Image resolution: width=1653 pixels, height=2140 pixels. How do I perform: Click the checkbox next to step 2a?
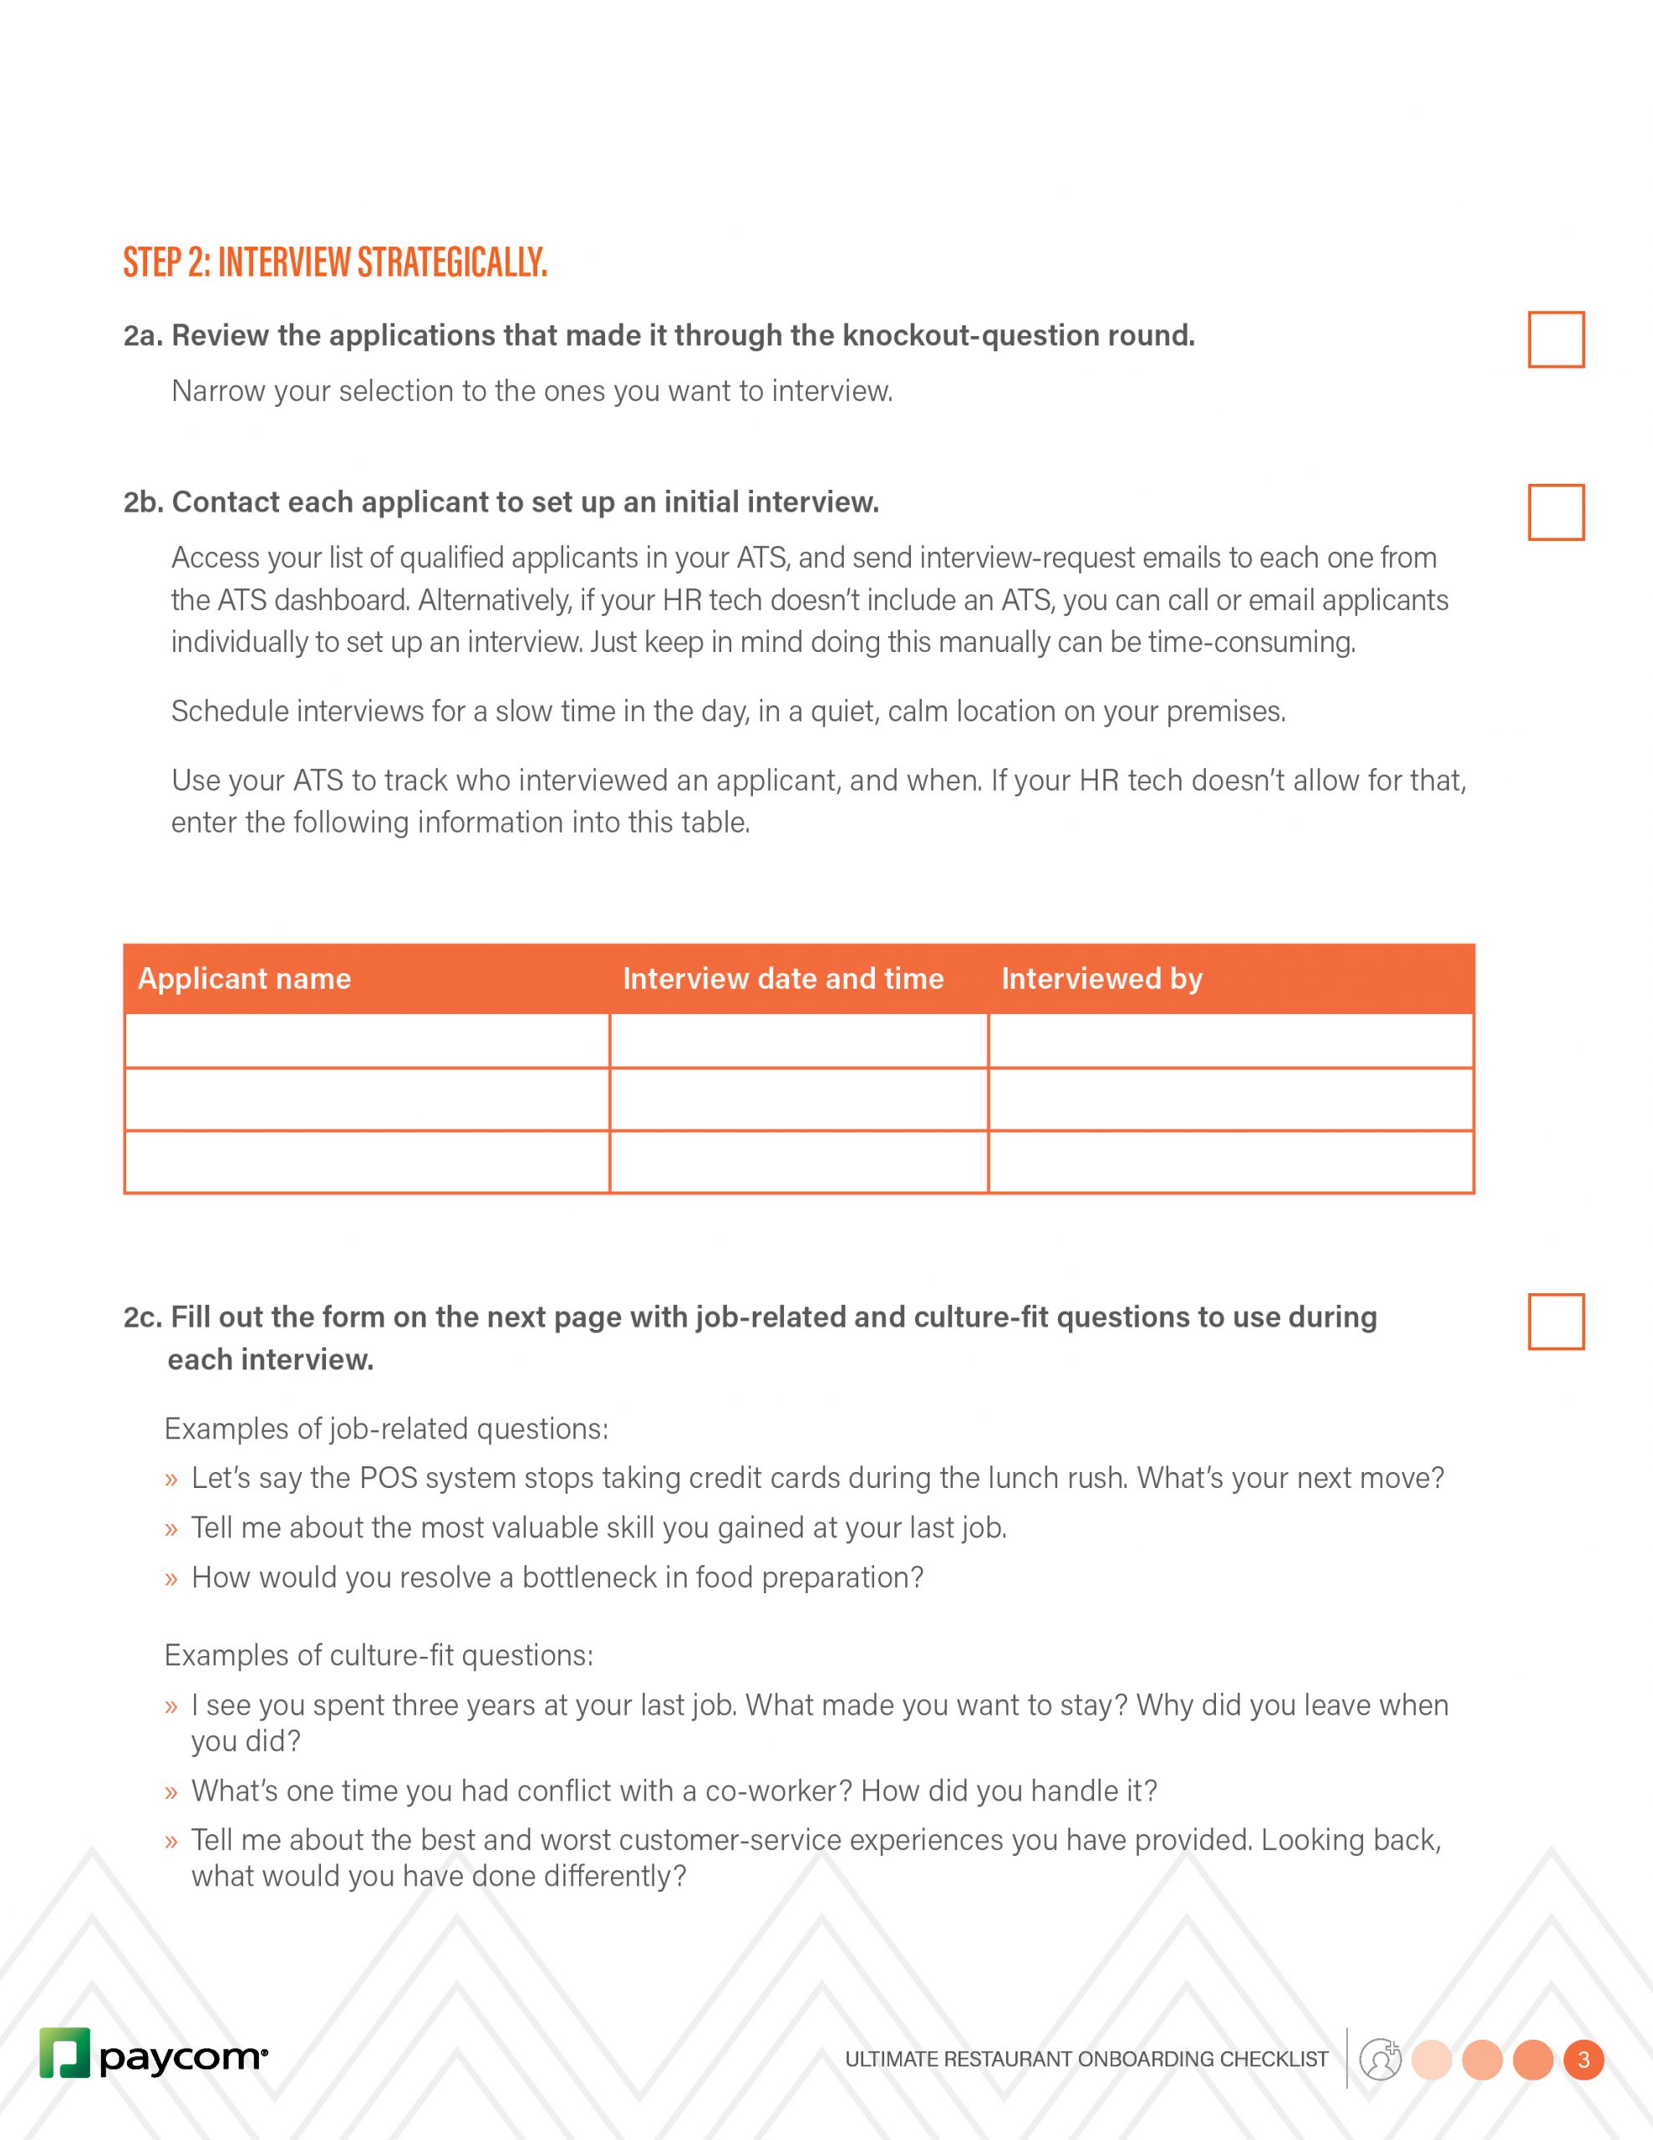(x=1555, y=340)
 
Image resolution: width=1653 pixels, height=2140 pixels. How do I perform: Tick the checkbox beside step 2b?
(x=1555, y=512)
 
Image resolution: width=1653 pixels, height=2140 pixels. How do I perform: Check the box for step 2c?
(x=1555, y=1322)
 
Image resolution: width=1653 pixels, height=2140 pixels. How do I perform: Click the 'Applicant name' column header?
(x=244, y=979)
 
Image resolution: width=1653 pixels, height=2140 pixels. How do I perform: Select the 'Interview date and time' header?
(x=783, y=979)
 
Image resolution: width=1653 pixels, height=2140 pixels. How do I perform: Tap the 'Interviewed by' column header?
(x=1101, y=979)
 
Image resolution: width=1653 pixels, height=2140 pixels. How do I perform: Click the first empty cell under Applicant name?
(x=368, y=1041)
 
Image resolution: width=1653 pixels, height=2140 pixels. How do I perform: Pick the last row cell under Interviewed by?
(x=1231, y=1162)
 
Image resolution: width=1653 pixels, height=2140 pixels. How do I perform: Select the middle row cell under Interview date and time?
(x=799, y=1099)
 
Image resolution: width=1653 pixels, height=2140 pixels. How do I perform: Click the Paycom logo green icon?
(x=64, y=2052)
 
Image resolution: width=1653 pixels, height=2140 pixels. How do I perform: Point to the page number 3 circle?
(x=1584, y=2060)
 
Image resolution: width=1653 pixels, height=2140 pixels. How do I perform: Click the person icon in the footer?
(x=1381, y=2059)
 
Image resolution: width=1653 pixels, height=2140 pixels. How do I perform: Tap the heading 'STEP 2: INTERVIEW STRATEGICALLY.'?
(x=335, y=262)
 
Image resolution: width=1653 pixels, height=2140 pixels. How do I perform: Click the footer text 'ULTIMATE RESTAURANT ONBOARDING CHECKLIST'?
(x=1086, y=2060)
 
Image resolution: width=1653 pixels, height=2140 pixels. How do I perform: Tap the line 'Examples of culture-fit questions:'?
(x=379, y=1656)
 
